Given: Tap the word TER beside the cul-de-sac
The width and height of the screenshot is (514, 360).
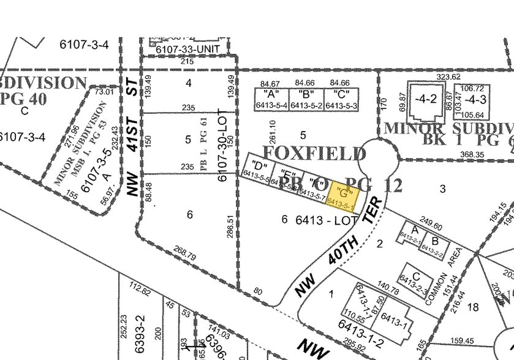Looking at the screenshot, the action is [x=375, y=209].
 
